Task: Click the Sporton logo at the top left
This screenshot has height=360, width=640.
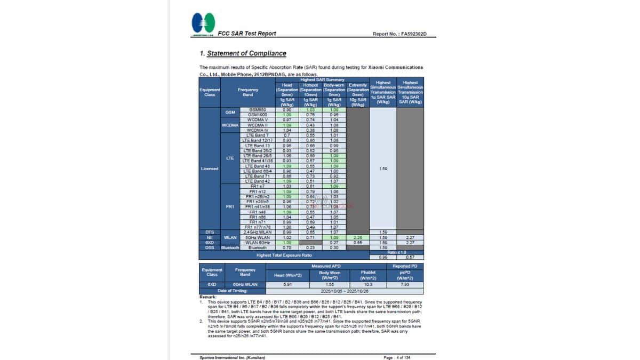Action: pyautogui.click(x=203, y=24)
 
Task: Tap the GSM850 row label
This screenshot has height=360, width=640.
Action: pyautogui.click(x=257, y=110)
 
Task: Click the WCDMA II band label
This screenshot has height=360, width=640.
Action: pyautogui.click(x=257, y=125)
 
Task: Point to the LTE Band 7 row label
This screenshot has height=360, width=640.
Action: pyautogui.click(x=257, y=135)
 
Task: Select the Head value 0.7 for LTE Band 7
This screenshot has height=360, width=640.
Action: pyautogui.click(x=286, y=135)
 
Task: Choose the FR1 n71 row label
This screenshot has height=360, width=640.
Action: pyautogui.click(x=257, y=222)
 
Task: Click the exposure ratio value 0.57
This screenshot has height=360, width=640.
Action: pyautogui.click(x=410, y=257)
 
